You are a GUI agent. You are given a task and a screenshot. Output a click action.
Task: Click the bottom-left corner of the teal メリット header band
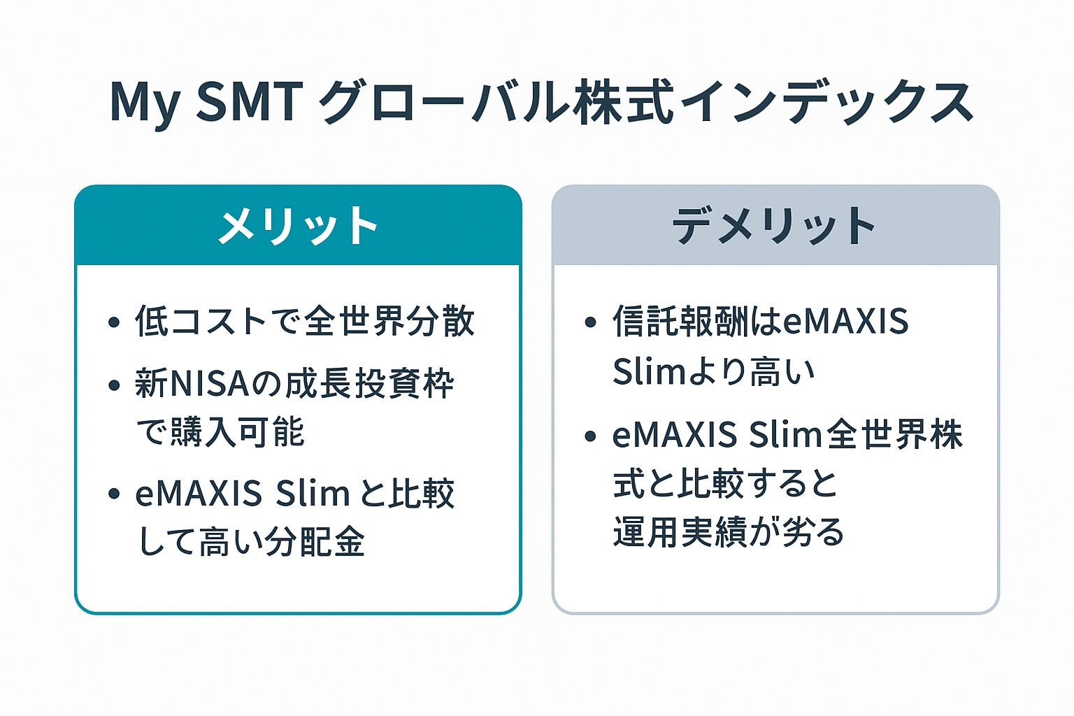(76, 264)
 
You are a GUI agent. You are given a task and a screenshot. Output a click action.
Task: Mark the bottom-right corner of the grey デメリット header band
(999, 264)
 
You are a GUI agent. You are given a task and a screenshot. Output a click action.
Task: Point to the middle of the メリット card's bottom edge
(299, 613)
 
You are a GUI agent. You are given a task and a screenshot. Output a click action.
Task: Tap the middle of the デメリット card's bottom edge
(775, 613)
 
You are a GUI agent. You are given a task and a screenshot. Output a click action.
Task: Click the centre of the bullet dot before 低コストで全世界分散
(114, 322)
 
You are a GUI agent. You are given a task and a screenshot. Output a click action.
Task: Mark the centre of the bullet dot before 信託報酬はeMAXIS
(591, 322)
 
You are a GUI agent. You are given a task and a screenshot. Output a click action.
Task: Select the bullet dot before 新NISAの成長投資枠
(114, 385)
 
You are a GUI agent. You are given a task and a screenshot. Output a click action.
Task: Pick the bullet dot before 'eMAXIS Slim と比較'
(114, 494)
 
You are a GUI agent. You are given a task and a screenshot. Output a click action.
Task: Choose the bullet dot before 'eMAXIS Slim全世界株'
(591, 436)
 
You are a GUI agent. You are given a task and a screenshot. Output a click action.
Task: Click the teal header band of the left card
(299, 225)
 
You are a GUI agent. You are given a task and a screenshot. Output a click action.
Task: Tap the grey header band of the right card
(775, 225)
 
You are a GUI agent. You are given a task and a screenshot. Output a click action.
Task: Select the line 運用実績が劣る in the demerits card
(729, 532)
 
